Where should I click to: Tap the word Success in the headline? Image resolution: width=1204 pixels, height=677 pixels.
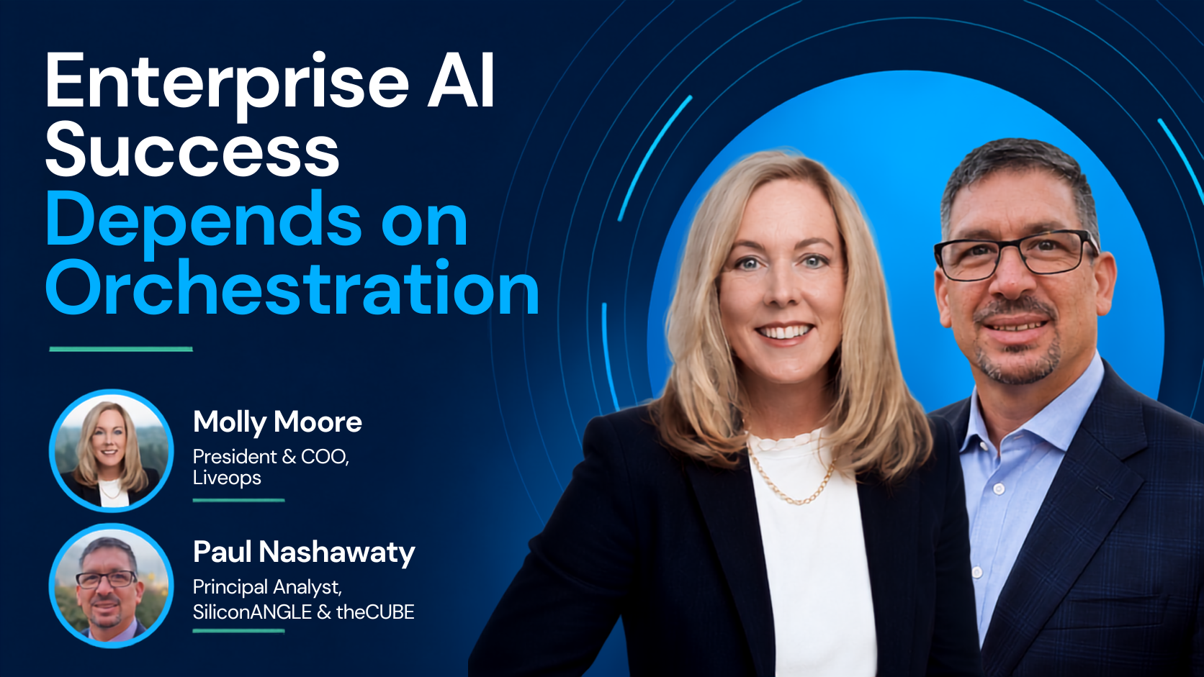pos(192,150)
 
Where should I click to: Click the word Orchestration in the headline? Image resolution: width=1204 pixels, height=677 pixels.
pos(292,286)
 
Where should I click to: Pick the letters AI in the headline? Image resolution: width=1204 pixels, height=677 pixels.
pos(460,80)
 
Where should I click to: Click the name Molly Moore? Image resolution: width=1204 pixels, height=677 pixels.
pos(277,422)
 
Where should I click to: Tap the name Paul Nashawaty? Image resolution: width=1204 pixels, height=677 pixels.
pos(304,553)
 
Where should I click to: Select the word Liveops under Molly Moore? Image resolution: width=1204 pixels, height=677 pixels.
pos(227,477)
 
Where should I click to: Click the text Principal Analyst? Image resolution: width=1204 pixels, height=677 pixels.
pos(267,588)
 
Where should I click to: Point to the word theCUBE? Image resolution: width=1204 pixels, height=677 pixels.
pos(375,612)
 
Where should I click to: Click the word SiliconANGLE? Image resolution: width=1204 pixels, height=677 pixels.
pos(252,612)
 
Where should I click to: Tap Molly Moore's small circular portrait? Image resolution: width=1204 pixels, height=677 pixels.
pos(112,450)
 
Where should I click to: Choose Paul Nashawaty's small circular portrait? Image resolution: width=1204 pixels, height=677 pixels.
pos(112,585)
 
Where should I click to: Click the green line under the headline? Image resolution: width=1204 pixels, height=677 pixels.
pos(121,349)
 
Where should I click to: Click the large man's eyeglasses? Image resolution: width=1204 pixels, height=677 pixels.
pos(1016,255)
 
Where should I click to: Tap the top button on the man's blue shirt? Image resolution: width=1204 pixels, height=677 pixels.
pos(999,489)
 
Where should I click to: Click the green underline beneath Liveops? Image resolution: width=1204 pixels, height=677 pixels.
pos(238,500)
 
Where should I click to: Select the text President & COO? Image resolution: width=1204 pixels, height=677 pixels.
pos(271,456)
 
